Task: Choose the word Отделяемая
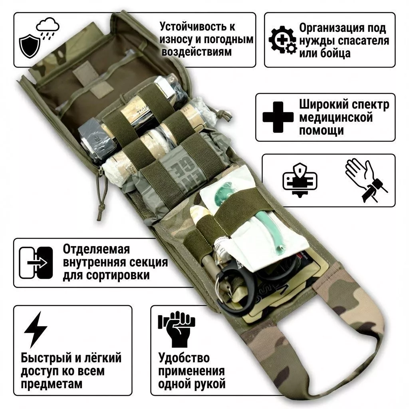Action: (x=96, y=249)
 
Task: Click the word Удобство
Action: (x=184, y=357)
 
